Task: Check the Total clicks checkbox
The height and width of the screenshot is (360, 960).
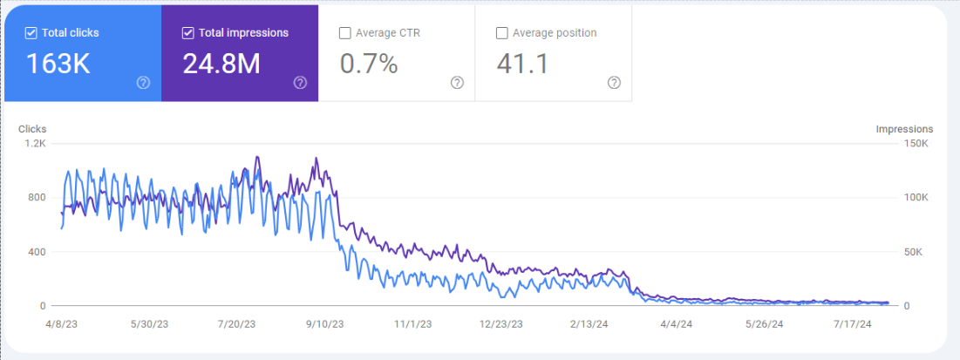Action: (x=31, y=33)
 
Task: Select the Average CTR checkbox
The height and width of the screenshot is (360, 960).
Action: (x=345, y=33)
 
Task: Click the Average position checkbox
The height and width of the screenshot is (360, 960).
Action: (x=501, y=33)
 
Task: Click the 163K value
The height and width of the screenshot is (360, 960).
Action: (x=58, y=64)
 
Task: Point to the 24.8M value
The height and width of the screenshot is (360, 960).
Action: (x=221, y=64)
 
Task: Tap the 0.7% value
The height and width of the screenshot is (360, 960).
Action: (x=368, y=64)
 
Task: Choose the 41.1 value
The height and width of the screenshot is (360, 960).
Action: (x=522, y=64)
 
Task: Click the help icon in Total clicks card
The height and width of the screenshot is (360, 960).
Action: (x=143, y=83)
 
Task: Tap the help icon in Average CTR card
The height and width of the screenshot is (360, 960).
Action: (x=457, y=83)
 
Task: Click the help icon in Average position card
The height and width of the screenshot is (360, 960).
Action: (x=614, y=83)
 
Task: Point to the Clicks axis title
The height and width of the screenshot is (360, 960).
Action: (x=32, y=129)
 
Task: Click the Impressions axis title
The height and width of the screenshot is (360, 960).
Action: (x=904, y=129)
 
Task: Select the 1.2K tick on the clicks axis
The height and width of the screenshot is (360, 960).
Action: (x=35, y=143)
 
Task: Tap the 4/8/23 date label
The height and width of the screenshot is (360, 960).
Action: (x=61, y=323)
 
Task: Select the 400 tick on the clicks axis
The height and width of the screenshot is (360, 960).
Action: (x=37, y=252)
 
